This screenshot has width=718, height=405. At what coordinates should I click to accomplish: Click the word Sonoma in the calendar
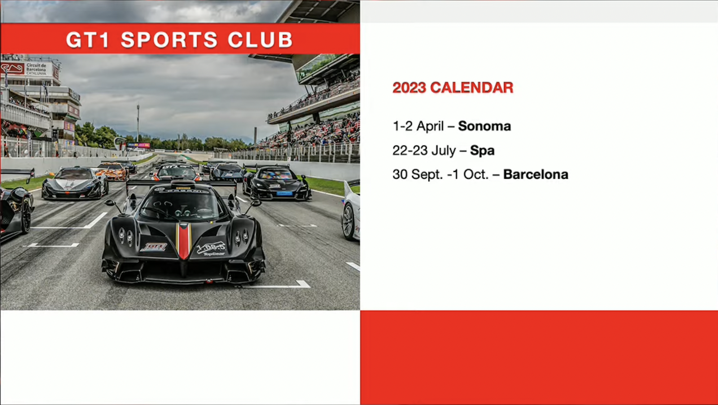[x=484, y=126]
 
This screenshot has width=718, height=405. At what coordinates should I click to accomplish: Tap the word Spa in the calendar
[x=482, y=151]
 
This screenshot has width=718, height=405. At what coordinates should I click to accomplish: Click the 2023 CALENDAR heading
[x=453, y=88]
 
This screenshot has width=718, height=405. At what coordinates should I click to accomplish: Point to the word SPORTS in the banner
[x=169, y=39]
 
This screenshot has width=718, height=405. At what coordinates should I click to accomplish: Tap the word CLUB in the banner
[x=260, y=39]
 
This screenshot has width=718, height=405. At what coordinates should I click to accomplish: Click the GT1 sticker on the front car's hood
[x=154, y=246]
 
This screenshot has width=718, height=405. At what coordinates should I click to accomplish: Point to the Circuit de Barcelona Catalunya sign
[x=36, y=69]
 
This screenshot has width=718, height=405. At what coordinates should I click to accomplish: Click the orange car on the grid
[x=112, y=171]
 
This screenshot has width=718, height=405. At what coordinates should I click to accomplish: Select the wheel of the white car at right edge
[x=348, y=221]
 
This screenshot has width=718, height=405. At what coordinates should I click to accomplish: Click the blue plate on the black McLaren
[x=284, y=193]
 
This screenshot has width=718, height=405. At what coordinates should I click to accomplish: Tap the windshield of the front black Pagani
[x=183, y=206]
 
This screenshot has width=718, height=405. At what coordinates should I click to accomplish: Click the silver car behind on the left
[x=75, y=183]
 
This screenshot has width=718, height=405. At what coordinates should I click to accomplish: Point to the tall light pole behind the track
[x=138, y=122]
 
